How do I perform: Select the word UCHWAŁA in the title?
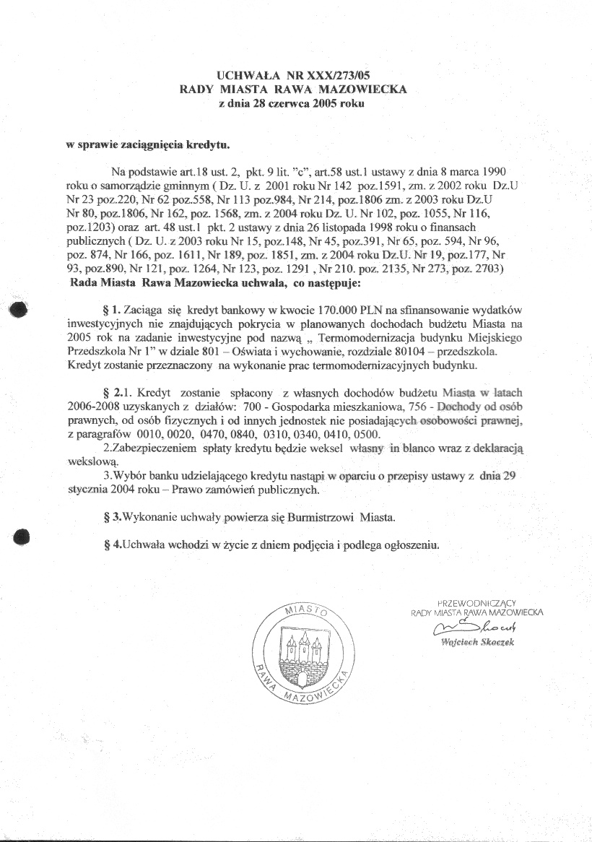tap(243, 74)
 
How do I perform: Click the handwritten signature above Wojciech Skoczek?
tap(474, 628)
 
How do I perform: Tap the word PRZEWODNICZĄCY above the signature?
tap(476, 602)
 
